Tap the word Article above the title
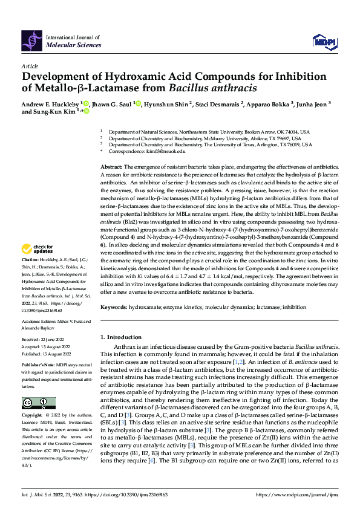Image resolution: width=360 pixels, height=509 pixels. [x=30, y=66]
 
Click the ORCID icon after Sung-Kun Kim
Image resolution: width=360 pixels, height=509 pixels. [x=86, y=112]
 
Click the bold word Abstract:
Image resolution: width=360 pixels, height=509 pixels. [x=111, y=166]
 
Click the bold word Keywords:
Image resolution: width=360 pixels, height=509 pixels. [x=113, y=307]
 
